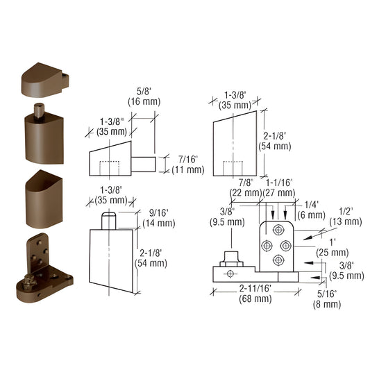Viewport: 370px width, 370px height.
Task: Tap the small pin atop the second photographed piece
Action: coord(38,110)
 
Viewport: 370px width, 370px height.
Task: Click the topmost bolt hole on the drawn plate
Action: coord(279,230)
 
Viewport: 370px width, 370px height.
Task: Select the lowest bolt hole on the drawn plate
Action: coord(279,260)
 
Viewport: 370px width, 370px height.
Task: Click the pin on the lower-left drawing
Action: coord(108,220)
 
